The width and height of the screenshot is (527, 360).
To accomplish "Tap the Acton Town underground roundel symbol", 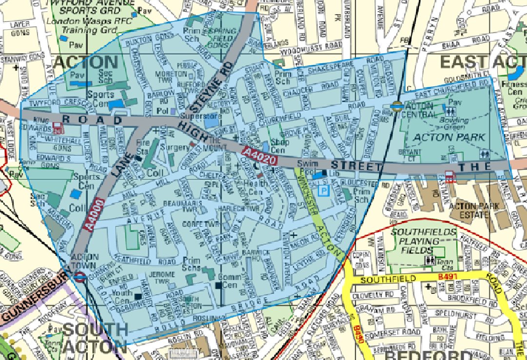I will point(80,277).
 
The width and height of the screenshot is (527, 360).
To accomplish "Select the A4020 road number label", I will point(259,157).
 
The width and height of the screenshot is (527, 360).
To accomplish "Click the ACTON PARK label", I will point(449,137).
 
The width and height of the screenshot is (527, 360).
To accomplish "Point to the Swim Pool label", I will point(306,169).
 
